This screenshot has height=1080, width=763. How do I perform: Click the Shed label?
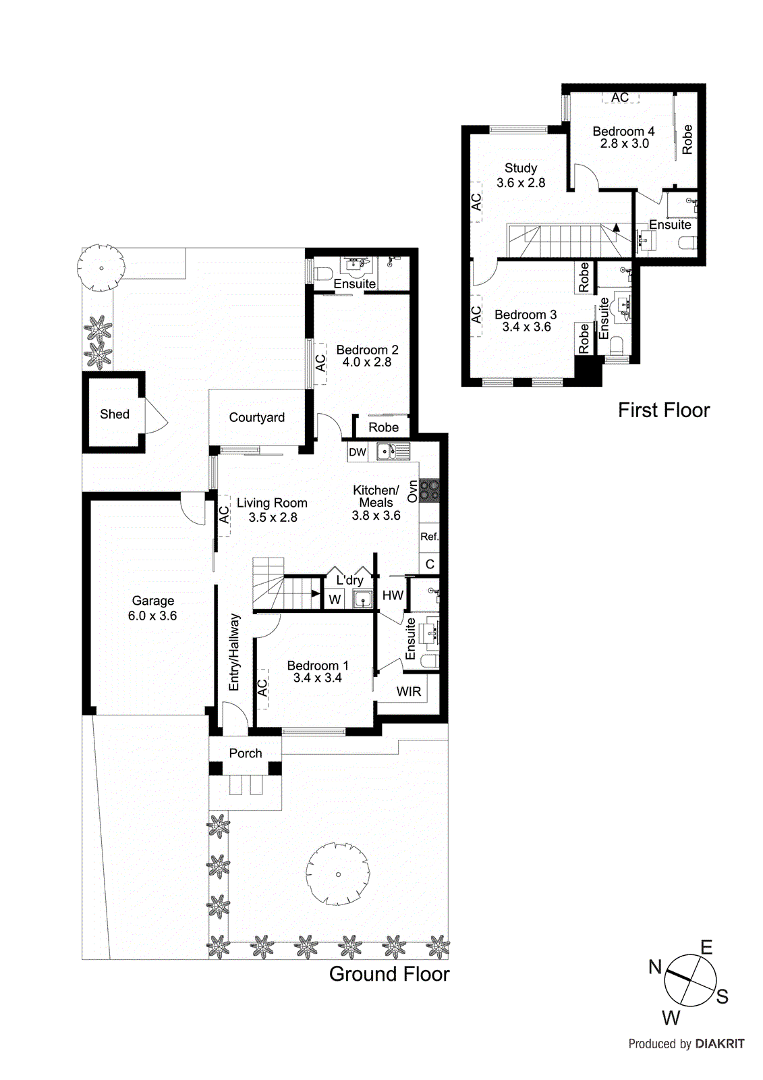(115, 414)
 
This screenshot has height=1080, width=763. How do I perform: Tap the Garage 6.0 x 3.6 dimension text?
(152, 616)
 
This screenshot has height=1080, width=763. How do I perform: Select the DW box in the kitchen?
(358, 452)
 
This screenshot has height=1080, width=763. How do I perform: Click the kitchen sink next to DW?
(393, 451)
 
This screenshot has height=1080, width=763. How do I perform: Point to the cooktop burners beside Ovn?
(429, 491)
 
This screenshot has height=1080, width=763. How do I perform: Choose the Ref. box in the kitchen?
(429, 537)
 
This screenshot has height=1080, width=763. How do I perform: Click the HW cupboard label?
(393, 595)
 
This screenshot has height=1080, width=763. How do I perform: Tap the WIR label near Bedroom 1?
(409, 691)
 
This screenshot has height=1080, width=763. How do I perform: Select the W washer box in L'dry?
(335, 599)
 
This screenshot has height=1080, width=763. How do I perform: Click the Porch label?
(245, 753)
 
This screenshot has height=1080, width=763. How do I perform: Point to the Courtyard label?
(256, 417)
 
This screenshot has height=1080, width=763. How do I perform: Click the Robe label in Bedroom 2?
(383, 427)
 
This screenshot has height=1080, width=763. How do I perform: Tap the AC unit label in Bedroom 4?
(620, 98)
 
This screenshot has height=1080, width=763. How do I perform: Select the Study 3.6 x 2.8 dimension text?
(521, 182)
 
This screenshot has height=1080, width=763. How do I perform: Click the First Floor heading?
(664, 410)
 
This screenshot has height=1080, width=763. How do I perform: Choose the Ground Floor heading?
(389, 974)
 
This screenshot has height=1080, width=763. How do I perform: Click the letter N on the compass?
(655, 967)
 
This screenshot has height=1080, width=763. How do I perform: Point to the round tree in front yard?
(338, 874)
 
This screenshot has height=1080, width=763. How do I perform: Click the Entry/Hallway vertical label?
(234, 652)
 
